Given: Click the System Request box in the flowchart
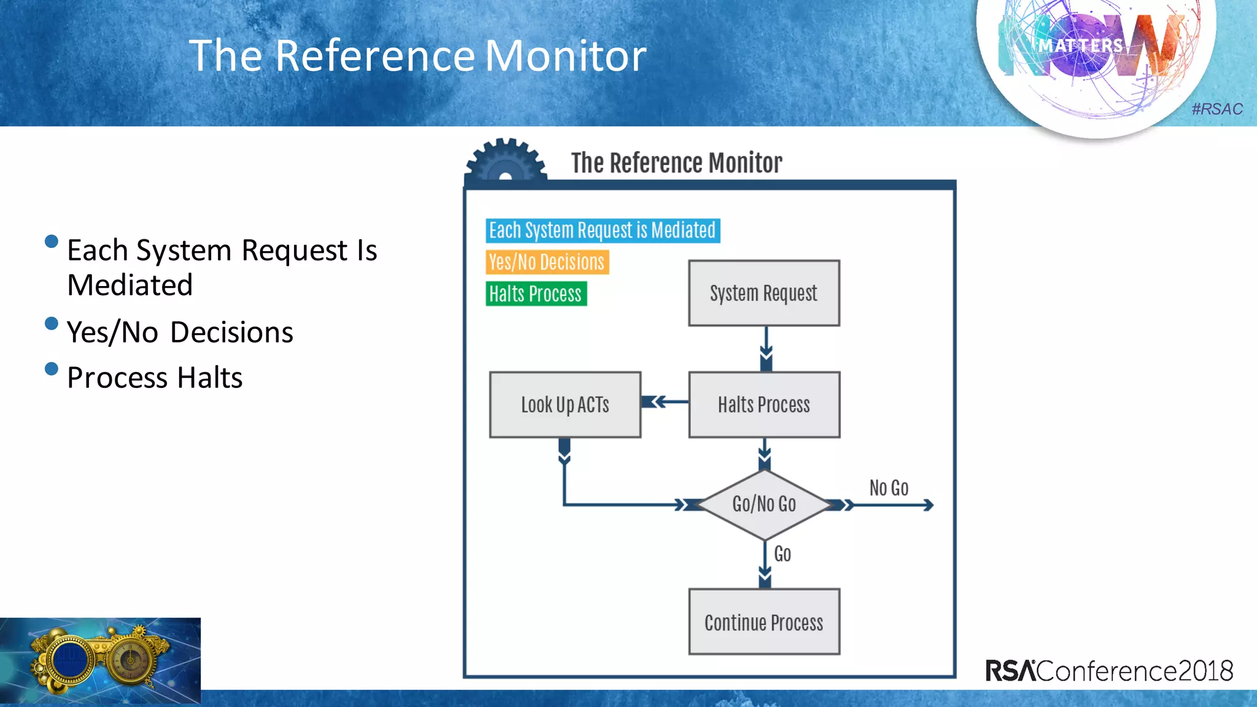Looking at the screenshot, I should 764,293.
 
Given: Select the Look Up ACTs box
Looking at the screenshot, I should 565,404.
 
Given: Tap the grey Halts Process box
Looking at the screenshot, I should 764,404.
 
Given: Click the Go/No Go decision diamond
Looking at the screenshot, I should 764,504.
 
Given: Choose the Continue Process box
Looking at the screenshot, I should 764,622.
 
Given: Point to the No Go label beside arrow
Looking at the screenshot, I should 888,488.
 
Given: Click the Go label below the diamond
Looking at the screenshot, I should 782,554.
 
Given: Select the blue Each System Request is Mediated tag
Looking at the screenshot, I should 602,231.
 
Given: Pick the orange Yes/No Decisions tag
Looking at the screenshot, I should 547,262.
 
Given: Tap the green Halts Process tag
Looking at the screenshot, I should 536,294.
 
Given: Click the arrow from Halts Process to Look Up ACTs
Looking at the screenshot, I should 665,402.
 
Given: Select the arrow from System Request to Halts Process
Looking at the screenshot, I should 765,349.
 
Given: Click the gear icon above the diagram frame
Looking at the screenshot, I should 505,161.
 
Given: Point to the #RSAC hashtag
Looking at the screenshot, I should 1216,109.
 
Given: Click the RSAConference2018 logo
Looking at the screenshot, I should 1108,670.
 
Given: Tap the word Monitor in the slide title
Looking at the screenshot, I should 565,56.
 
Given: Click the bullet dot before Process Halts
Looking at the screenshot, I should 52,369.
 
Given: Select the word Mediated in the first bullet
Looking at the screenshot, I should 130,285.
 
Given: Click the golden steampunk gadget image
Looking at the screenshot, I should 100,660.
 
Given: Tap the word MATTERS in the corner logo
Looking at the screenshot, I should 1080,46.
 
